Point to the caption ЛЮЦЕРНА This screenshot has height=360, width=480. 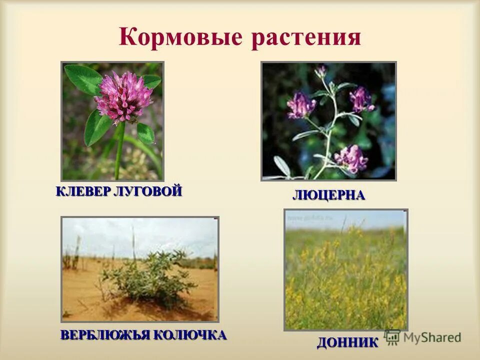pyautogui.click(x=328, y=195)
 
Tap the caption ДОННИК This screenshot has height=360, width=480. pyautogui.click(x=347, y=343)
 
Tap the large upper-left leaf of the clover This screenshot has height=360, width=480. pyautogui.click(x=82, y=79)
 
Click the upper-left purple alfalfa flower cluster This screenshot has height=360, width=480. pyautogui.click(x=301, y=105)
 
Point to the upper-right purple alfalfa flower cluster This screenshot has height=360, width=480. pyautogui.click(x=361, y=99)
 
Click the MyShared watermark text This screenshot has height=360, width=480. pyautogui.click(x=433, y=337)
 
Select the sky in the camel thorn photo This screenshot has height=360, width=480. pyautogui.click(x=140, y=232)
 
